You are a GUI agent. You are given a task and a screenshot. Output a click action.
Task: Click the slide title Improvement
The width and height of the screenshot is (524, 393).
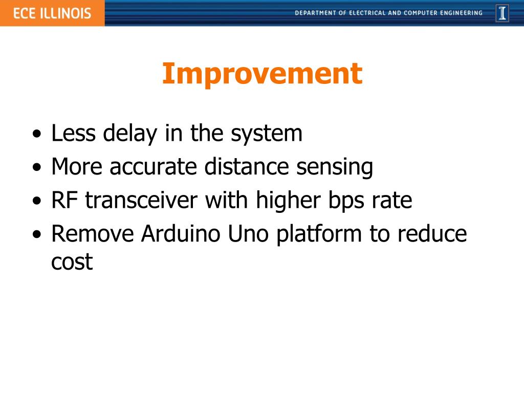coord(262,74)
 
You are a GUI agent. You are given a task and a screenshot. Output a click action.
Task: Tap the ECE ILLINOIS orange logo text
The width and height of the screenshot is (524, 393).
coord(52,13)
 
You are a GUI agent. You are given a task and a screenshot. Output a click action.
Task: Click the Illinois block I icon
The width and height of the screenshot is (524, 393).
coord(503,13)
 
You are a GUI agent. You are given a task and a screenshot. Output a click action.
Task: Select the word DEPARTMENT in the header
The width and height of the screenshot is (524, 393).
coord(315,13)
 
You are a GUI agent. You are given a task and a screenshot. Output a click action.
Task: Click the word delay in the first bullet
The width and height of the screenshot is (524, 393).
coord(130,134)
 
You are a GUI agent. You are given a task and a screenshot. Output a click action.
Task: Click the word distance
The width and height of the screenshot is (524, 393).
coord(247,166)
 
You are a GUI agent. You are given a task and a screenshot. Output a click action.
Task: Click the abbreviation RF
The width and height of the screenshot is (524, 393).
coord(64,200)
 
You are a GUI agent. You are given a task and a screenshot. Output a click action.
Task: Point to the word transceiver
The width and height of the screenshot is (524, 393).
coord(141,201)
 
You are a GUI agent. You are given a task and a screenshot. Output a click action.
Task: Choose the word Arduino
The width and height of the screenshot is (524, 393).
coord(181,233)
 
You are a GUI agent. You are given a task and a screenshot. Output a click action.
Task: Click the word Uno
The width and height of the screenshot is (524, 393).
coord(248,234)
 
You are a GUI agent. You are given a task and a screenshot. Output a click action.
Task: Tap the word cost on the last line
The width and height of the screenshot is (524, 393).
coord(72,261)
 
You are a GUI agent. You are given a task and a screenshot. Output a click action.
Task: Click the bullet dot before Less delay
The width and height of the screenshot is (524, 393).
coord(37,135)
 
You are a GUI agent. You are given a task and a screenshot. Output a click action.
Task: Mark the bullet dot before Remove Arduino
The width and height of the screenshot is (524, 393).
coord(37,234)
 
